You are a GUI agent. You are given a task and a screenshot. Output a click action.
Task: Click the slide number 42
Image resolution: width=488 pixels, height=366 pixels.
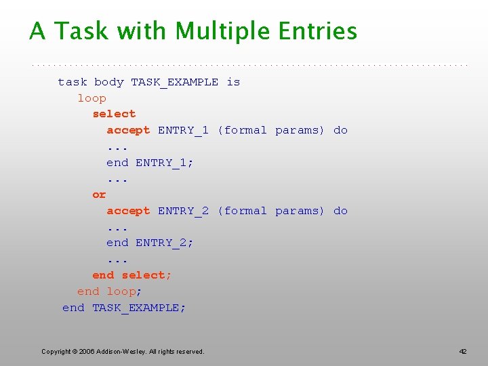coord(463,351)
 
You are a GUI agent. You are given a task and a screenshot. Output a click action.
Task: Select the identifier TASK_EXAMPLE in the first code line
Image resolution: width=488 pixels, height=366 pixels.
coord(174,82)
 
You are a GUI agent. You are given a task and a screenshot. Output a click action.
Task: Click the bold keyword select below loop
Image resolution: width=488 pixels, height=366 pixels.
coord(114,114)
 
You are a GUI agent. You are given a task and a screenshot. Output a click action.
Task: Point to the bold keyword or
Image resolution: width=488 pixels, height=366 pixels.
coord(99,195)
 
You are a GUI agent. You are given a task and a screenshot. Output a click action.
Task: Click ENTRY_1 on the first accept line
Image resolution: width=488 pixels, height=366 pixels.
coord(183,130)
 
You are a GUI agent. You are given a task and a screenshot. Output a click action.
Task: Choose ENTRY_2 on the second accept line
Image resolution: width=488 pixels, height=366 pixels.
coord(183,211)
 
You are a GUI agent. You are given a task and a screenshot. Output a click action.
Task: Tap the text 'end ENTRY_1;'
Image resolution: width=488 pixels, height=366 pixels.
coord(150,163)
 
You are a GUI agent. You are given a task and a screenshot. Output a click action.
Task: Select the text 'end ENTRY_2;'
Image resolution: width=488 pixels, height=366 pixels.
coord(150,243)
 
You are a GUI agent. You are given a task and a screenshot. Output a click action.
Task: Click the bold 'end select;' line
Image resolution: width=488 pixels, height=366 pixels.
coord(132,275)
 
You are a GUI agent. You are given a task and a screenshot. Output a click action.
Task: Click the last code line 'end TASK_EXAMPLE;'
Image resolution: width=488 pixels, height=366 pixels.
coord(124,308)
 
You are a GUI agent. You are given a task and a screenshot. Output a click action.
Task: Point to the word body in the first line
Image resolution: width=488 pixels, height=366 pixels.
coord(109,82)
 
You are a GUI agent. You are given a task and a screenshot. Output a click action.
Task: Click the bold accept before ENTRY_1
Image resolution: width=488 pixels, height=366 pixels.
coord(128,130)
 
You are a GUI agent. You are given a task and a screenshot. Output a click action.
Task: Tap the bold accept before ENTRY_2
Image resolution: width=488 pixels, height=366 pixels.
coord(128,211)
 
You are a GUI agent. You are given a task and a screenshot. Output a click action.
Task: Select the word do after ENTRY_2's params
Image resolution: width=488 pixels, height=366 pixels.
coord(340,211)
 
